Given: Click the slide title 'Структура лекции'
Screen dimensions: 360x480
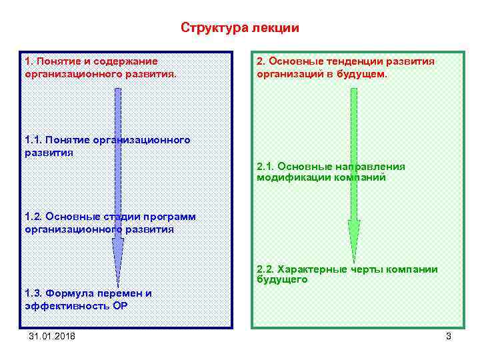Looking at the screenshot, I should (x=240, y=28).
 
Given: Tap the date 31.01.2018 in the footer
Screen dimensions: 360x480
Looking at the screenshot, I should (x=52, y=336).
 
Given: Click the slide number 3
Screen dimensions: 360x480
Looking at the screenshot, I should (x=449, y=336).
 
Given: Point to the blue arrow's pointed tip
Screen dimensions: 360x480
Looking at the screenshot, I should (x=119, y=285).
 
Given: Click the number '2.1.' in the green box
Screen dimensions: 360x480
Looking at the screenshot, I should (x=265, y=166).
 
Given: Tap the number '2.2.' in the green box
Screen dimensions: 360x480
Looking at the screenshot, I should (x=265, y=269).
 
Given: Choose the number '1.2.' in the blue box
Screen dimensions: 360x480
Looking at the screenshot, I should (x=33, y=217).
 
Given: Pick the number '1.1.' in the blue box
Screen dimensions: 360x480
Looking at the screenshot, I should (x=33, y=139).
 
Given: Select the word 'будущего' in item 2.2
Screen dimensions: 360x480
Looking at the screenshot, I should (x=282, y=280).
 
